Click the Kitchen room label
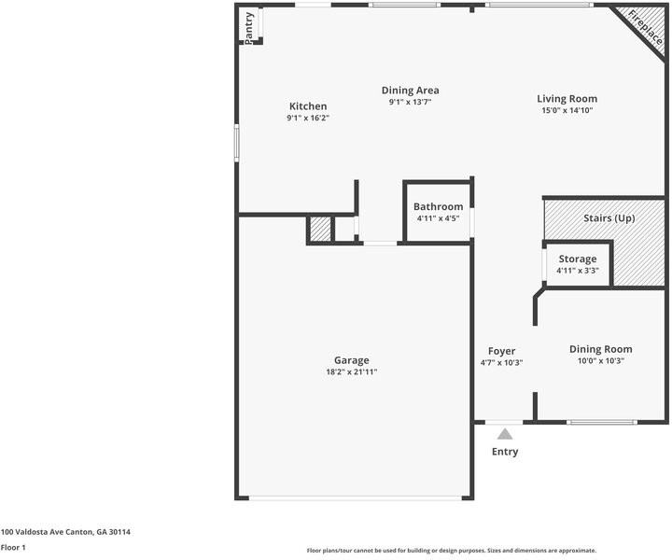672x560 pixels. tap(308, 106)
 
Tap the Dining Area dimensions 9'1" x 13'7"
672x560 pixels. tap(410, 102)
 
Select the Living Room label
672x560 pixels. tap(567, 99)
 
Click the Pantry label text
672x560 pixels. tap(249, 28)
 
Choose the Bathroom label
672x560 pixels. tap(438, 206)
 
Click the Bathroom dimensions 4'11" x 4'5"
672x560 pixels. tap(438, 218)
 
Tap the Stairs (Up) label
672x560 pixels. tap(609, 218)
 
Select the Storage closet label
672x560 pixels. tap(578, 259)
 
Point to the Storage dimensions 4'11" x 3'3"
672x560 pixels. tap(578, 271)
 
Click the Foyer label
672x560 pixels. tap(501, 351)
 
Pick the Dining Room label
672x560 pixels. tap(600, 349)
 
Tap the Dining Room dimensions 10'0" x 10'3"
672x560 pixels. tap(600, 361)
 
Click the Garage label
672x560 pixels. tap(352, 360)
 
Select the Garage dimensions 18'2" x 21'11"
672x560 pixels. tap(352, 371)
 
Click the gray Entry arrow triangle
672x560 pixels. tap(505, 434)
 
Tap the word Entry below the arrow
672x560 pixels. tap(505, 452)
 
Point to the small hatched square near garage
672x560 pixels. tap(320, 230)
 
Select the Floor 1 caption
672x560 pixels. tap(13, 548)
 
